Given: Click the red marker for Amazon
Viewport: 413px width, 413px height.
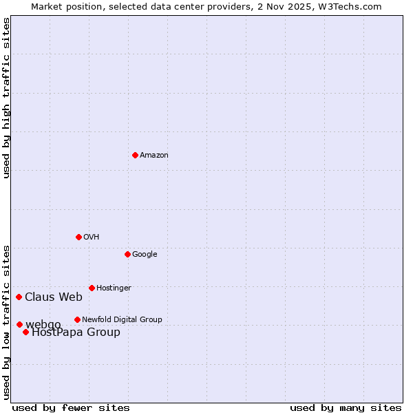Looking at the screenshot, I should pos(135,155).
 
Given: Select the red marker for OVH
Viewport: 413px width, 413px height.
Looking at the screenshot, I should pos(78,237).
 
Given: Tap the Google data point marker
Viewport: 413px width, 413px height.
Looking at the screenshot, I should pos(127,254).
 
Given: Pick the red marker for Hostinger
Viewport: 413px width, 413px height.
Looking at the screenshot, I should pos(92,288).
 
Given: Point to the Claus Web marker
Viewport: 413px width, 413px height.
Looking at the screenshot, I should pos(19,297).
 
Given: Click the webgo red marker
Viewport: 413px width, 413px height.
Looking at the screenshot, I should pos(19,324).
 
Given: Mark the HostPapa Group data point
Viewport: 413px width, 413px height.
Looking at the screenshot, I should pos(25,332).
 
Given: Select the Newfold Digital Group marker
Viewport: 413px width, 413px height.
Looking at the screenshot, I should pos(77,319).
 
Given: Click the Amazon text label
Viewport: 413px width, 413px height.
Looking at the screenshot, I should pos(154,156).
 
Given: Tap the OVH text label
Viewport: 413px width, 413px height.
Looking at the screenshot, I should pos(92,237).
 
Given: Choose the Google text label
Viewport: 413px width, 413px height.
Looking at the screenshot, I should pos(145,255).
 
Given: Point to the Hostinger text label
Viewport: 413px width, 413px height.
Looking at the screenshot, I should pos(114,288).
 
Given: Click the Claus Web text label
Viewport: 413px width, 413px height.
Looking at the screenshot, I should pos(54,297).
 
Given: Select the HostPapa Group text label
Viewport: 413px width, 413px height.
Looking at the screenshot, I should pos(76,332).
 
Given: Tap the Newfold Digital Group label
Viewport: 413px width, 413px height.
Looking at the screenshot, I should pos(122,319).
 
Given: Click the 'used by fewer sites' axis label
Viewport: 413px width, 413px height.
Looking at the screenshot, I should pos(71,408).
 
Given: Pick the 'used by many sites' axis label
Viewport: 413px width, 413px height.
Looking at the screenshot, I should pos(346,408).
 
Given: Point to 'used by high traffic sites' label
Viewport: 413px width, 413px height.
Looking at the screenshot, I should pos(6,98).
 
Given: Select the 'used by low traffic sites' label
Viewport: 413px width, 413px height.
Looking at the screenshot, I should pos(6,321).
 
